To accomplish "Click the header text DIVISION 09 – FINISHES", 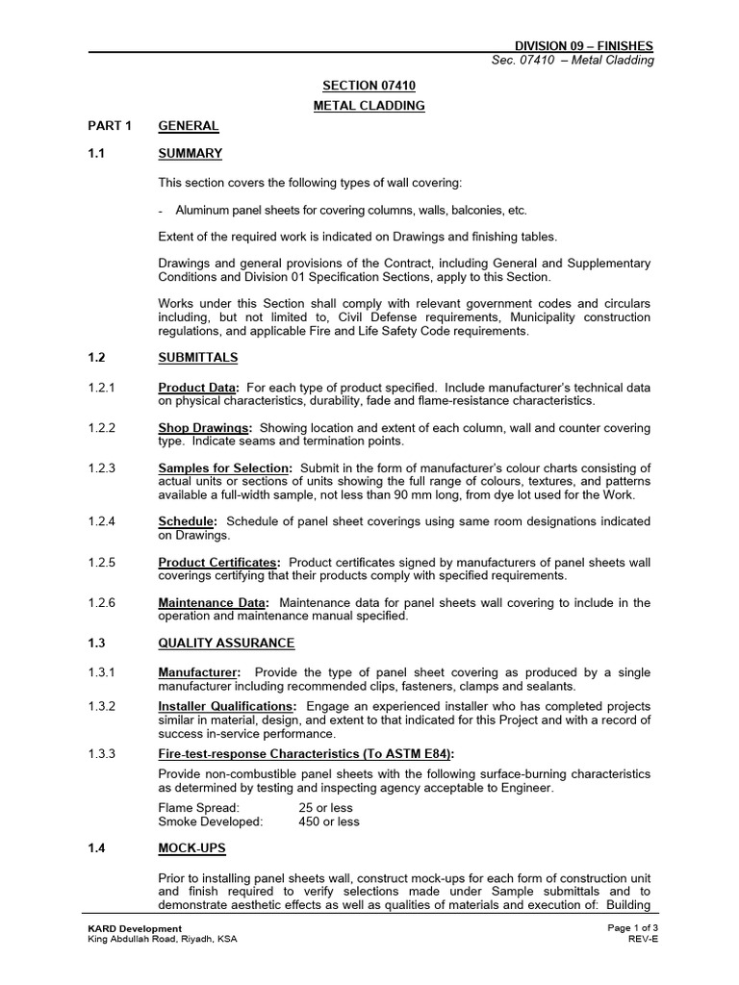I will coord(584,45).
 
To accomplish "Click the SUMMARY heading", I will coord(190,153).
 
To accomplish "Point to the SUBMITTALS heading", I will coord(197,358).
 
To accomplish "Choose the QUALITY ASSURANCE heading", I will coord(226,643).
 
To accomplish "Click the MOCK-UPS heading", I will coord(192,848).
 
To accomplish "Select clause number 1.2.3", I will coord(99,468).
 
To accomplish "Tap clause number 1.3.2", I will coord(99,706).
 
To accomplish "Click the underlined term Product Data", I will coord(198,388).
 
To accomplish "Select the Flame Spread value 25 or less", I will coord(330,808).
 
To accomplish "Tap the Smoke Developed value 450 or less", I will coord(329,821).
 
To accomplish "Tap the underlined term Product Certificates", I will coord(218,562).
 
